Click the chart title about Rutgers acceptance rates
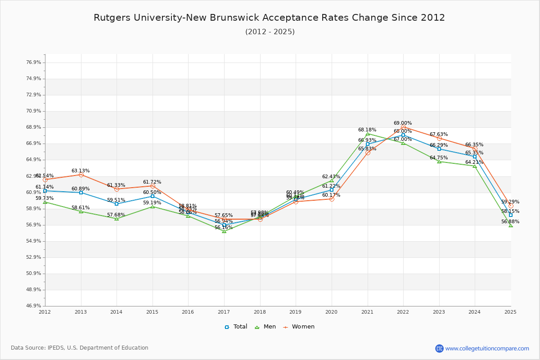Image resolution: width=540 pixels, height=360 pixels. point(269,18)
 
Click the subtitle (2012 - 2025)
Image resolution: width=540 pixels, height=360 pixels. point(270,32)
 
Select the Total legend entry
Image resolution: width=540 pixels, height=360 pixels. point(236,327)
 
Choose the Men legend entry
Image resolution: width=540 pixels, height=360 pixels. point(265,327)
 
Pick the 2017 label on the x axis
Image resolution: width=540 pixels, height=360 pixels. point(224,312)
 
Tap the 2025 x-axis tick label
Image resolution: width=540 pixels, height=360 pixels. point(510,312)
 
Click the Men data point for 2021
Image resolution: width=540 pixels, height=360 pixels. point(368,134)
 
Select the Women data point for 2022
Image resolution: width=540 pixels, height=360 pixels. point(403,127)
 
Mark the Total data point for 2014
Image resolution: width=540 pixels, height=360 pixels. point(117,204)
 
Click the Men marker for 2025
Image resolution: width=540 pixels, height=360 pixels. point(511,225)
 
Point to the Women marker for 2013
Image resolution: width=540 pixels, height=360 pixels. point(81,175)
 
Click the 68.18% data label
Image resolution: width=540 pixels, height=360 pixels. point(367,130)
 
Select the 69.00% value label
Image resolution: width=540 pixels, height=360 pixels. point(403,123)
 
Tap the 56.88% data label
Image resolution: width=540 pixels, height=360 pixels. point(510,222)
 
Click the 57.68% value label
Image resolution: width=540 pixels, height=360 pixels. point(116,215)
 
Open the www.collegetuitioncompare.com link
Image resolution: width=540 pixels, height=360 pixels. point(487,348)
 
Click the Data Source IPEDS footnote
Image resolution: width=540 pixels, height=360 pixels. point(80,348)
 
